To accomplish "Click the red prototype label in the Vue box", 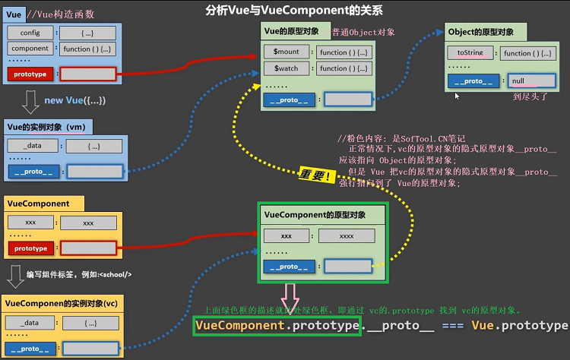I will [30, 74].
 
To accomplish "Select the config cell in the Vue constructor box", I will [30, 33].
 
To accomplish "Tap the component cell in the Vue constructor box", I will [30, 48].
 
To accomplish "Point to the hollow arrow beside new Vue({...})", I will [30, 99].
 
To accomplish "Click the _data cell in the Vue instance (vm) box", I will [30, 146].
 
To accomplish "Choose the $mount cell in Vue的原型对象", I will [287, 52].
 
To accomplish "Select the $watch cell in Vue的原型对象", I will [287, 68].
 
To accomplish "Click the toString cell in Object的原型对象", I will [471, 53].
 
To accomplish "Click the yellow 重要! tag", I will [315, 175].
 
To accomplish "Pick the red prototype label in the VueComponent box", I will [30, 248].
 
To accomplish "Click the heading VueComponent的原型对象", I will [315, 216].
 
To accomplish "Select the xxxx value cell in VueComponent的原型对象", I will [347, 236].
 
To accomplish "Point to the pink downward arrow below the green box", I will [293, 294].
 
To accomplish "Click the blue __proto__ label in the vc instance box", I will [30, 349].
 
